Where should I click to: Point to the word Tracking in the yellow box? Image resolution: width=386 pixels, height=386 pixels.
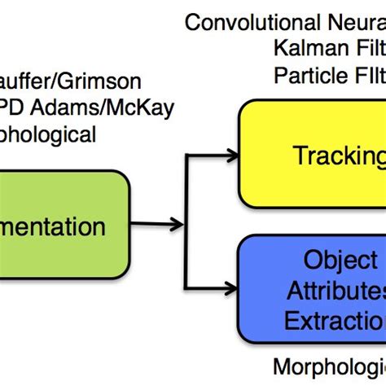click(x=338, y=156)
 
